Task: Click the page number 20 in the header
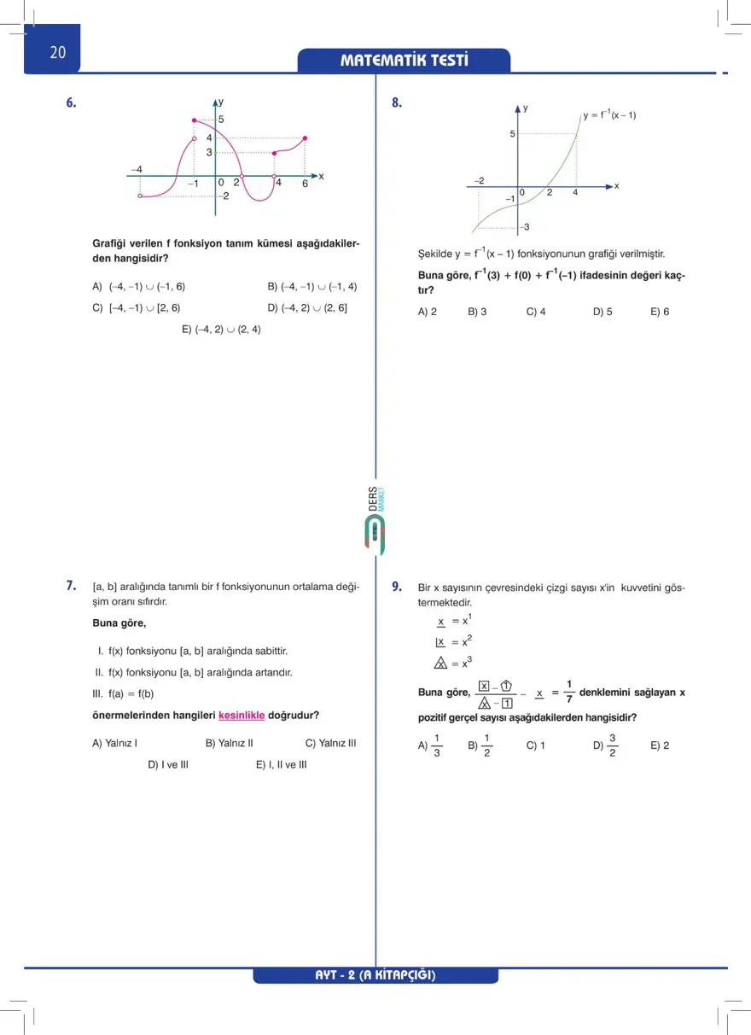point(57,52)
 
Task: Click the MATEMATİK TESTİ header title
point(404,61)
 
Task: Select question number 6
point(72,103)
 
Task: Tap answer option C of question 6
point(136,307)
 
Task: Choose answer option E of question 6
point(221,329)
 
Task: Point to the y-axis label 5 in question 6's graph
point(221,120)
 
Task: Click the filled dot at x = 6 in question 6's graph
point(305,137)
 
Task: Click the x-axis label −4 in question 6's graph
point(137,169)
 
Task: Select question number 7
point(72,586)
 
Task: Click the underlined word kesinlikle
point(242,715)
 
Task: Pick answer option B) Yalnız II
point(230,743)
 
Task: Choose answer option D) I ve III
point(168,764)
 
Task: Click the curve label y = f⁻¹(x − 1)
point(609,115)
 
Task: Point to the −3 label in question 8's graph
point(526,226)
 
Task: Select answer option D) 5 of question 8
point(603,312)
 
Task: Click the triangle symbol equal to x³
point(440,664)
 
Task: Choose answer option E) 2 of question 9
point(660,745)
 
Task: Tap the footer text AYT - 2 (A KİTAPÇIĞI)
point(375,975)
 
